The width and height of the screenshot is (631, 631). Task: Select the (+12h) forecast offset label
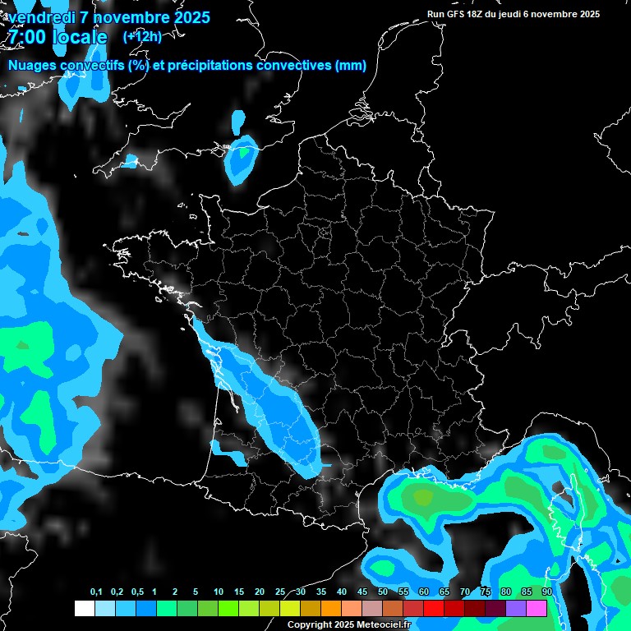tap(142, 37)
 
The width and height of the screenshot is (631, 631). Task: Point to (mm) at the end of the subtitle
tap(351, 66)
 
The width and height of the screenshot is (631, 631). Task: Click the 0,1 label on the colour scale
tap(96, 592)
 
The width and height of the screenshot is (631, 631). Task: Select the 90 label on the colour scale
tap(546, 592)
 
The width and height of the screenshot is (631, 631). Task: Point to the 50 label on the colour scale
tap(383, 592)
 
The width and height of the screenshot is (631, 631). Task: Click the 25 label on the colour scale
tap(280, 592)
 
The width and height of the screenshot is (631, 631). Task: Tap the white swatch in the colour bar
tap(84, 608)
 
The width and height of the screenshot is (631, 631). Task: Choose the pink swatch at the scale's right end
tap(537, 608)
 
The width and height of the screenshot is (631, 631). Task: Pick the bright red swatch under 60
tap(434, 608)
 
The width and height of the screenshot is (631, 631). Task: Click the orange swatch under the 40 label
tap(330, 608)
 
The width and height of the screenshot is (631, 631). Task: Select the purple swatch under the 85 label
tap(516, 608)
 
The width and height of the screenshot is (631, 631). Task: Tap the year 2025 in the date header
tap(187, 17)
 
